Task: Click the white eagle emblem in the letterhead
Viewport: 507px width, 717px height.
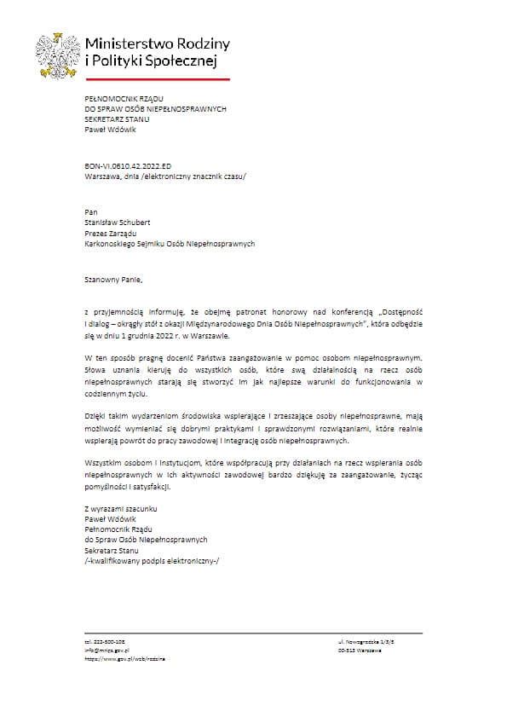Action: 57,54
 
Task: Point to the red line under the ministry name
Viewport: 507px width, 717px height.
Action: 158,78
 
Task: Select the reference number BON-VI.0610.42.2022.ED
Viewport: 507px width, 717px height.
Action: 123,167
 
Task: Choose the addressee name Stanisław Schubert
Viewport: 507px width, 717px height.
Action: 118,221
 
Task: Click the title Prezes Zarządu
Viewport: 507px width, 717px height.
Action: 111,232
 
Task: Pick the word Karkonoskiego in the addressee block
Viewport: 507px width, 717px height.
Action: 114,243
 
